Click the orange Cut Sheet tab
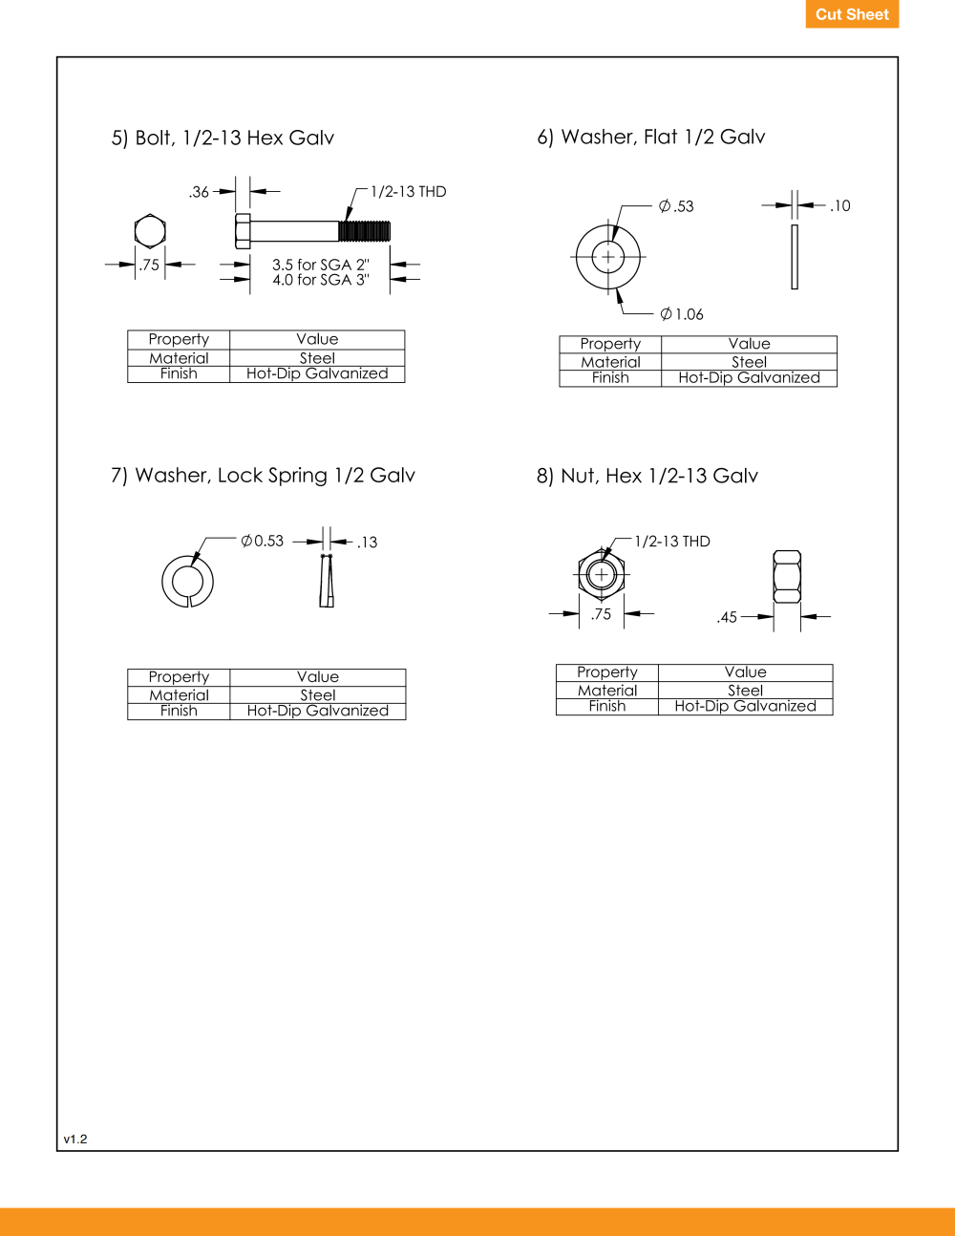[x=852, y=13]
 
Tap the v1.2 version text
[x=75, y=1139]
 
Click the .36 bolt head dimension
[x=199, y=192]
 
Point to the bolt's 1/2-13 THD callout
[x=408, y=192]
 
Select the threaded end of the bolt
[x=365, y=231]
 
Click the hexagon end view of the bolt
[x=150, y=231]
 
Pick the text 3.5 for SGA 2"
[x=321, y=265]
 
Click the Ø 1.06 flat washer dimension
[x=682, y=314]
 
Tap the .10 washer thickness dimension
[x=839, y=206]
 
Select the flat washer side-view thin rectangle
[x=795, y=257]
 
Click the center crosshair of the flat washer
[x=608, y=257]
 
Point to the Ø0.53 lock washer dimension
[x=262, y=541]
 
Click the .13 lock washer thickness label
[x=368, y=543]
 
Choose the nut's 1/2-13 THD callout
[x=672, y=541]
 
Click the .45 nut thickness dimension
[x=727, y=617]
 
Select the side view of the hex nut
[x=787, y=577]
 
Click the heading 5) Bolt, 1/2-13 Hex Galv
[x=223, y=139]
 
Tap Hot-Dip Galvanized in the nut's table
[x=745, y=706]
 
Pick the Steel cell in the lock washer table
[x=318, y=695]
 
